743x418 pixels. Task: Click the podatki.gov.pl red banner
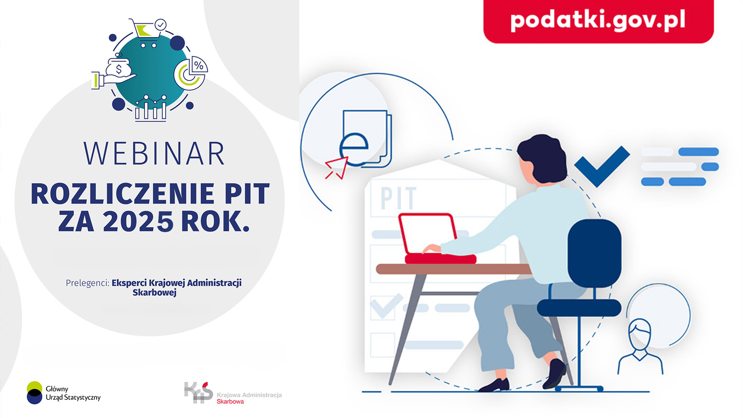[598, 21]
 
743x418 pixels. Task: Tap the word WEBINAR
[154, 154]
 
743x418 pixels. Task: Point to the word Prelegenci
[87, 283]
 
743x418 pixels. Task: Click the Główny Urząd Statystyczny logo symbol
[35, 393]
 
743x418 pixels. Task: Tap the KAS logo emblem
[198, 392]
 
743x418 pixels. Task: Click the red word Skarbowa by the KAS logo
[230, 401]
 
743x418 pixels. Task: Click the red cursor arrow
[337, 167]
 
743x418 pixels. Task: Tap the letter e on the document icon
[354, 149]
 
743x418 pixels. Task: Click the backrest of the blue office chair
[594, 253]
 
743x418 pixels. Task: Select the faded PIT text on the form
[398, 198]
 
